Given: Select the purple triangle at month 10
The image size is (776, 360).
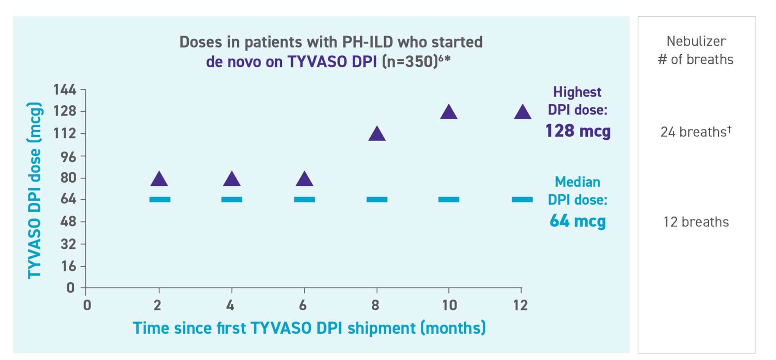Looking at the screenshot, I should click(x=449, y=113).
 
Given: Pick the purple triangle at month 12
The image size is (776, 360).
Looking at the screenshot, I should click(x=522, y=113).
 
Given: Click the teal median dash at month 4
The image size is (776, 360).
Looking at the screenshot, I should click(x=232, y=199).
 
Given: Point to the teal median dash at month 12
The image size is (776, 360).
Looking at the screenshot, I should click(x=522, y=199).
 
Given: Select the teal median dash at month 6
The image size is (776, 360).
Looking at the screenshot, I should click(x=304, y=199).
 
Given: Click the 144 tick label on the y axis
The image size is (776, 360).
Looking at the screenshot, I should click(x=65, y=90).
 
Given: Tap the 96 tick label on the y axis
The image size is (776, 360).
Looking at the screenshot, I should click(x=68, y=156).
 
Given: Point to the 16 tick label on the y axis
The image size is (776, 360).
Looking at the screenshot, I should click(x=69, y=267).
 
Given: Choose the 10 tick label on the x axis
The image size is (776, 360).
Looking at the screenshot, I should click(x=450, y=305).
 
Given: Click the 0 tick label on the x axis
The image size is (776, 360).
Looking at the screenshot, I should click(x=87, y=305).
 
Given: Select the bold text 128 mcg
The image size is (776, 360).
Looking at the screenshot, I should click(x=578, y=131).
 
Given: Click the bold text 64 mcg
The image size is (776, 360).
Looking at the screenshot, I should click(x=577, y=221).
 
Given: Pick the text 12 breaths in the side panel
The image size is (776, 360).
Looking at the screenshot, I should click(x=696, y=222).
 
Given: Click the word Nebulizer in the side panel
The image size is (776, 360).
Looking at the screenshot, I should click(x=696, y=41).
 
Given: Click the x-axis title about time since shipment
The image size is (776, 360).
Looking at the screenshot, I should click(x=309, y=328).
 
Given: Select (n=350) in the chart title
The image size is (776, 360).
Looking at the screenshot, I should click(x=410, y=62).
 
